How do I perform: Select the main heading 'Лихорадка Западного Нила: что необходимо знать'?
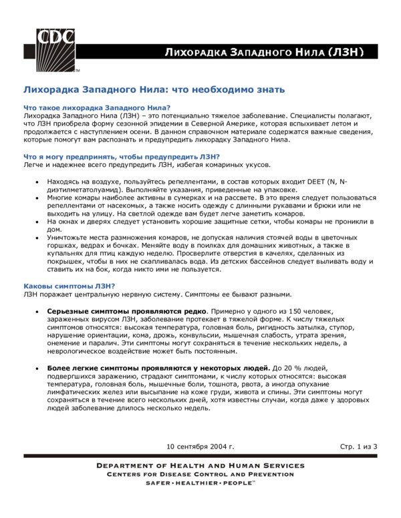point(154,89)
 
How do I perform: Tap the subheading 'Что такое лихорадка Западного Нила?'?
point(96,108)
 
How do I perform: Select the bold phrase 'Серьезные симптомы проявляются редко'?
point(128,312)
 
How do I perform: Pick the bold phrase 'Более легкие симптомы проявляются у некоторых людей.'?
point(158,368)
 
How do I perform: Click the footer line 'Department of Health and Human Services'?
point(200,465)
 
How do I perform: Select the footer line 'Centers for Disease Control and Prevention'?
point(200,474)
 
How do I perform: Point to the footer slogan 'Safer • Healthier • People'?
point(200,483)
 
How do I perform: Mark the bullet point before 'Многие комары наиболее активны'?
point(36,198)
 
